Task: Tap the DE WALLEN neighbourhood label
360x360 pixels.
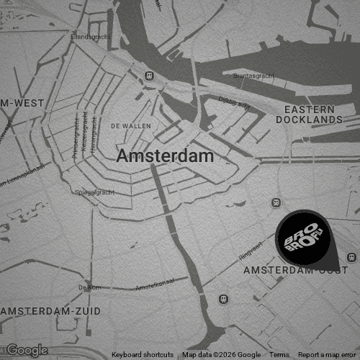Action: click(x=130, y=126)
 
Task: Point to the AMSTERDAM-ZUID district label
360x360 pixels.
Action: click(x=52, y=311)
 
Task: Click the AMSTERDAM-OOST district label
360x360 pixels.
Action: click(x=295, y=271)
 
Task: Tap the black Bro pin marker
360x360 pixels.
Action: click(x=303, y=237)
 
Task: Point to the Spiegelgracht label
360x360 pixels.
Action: click(x=95, y=192)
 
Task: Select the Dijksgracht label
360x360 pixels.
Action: click(x=234, y=104)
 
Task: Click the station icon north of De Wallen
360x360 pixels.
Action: click(x=149, y=75)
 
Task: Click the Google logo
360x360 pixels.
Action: click(x=27, y=351)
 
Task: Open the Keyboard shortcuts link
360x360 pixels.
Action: click(x=143, y=355)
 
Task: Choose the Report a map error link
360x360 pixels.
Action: click(x=327, y=355)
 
